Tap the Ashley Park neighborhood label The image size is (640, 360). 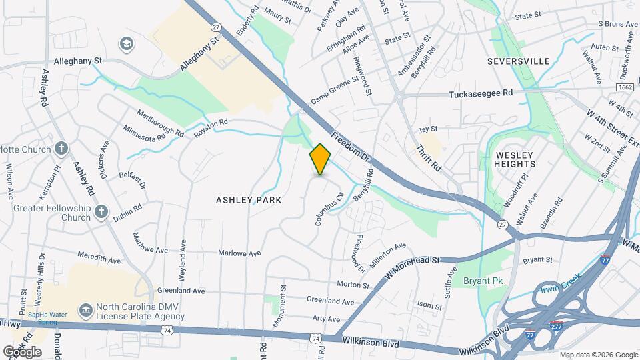pos(248,199)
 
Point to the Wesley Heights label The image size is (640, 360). pos(515,159)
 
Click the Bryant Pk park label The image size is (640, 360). pos(483,281)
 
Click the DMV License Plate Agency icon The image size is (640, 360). pos(85,311)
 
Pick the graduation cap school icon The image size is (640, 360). pos(125,44)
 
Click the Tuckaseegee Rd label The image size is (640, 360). pos(480,94)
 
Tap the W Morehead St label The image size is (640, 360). pos(413,265)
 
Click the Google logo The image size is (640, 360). pos(21,351)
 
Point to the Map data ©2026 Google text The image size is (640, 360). pos(598,355)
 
